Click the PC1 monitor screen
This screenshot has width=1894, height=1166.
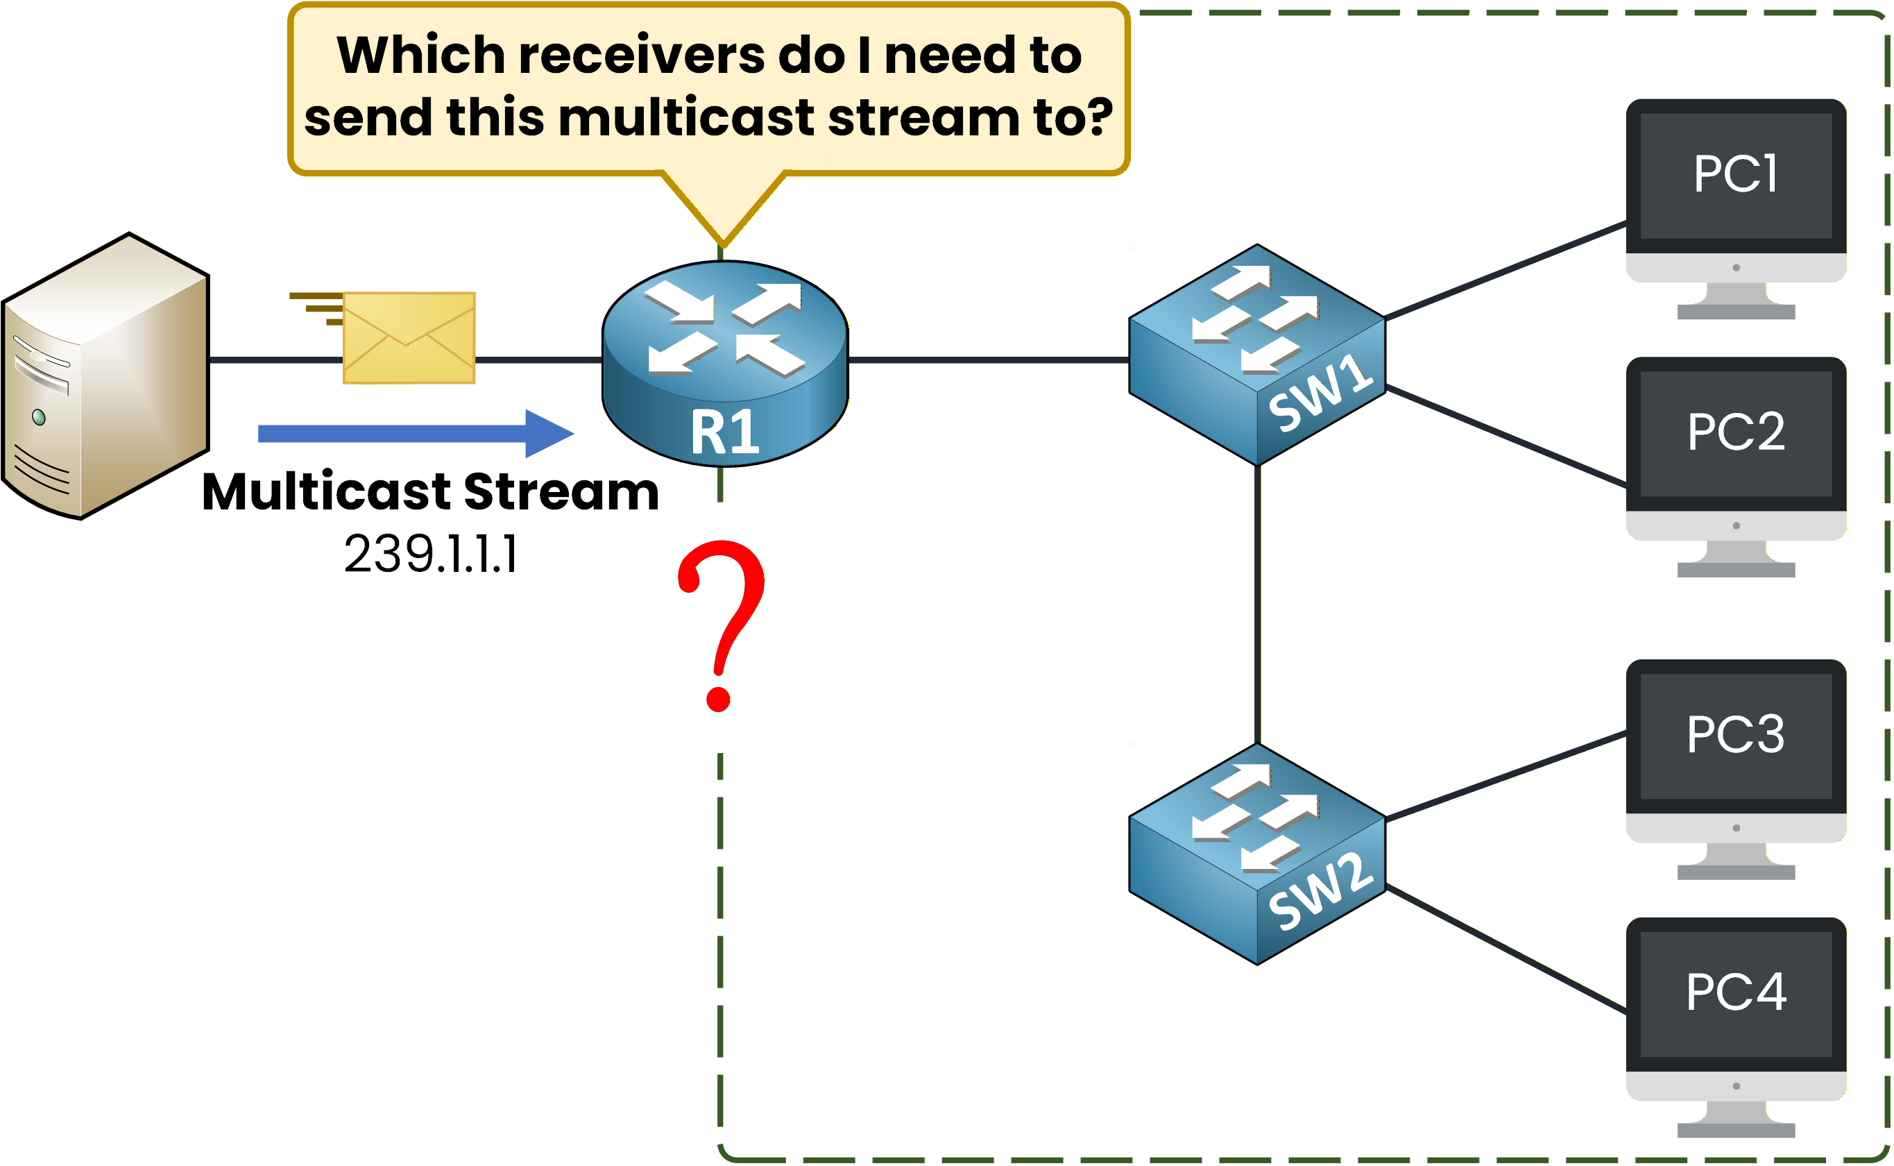point(1735,176)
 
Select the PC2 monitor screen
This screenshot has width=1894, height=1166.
point(1735,433)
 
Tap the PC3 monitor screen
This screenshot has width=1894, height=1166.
point(1735,736)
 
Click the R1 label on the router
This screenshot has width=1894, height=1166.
point(724,432)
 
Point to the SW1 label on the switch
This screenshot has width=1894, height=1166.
point(1320,394)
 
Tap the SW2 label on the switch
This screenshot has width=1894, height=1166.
point(1320,893)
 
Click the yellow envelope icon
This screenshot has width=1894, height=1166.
point(409,338)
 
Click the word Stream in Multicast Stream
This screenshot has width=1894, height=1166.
point(561,492)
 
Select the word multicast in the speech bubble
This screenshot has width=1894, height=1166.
point(685,118)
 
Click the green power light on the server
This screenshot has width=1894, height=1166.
point(39,417)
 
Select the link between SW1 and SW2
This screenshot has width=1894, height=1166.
point(1257,605)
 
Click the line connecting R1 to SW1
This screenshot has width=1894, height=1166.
point(987,360)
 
